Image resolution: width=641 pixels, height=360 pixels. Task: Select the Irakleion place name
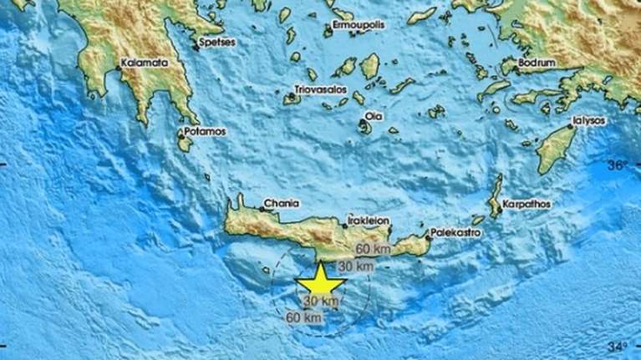click(x=368, y=220)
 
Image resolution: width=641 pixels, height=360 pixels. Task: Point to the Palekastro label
click(x=456, y=233)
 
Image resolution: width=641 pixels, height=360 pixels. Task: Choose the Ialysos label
click(x=589, y=120)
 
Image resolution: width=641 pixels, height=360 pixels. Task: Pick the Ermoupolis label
click(x=359, y=24)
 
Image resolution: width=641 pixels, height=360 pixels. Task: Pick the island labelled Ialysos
click(x=555, y=150)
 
